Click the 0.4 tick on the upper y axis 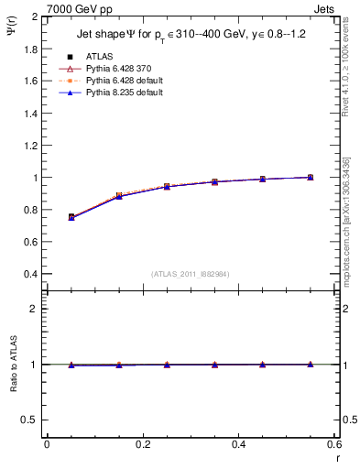(x=29, y=274)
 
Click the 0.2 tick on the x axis (x=142, y=444)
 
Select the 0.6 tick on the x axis (x=333, y=444)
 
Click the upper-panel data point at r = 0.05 (x=71, y=217)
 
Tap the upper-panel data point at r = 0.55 (x=310, y=177)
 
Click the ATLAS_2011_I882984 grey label (x=191, y=273)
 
